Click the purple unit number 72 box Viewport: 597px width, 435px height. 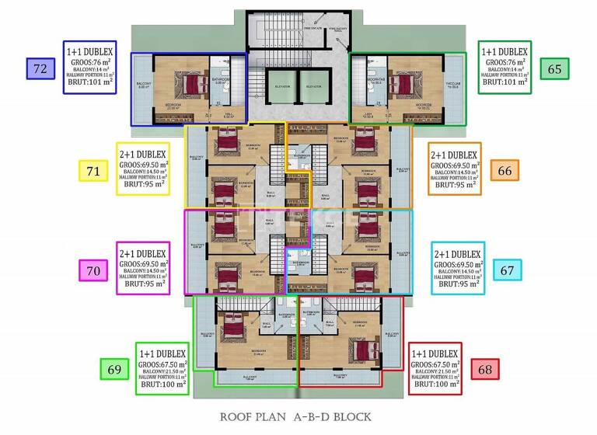click(40, 69)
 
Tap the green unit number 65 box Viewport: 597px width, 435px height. click(554, 69)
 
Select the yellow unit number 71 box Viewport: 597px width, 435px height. click(93, 171)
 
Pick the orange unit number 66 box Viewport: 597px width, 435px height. click(505, 171)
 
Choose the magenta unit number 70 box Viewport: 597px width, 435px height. click(93, 271)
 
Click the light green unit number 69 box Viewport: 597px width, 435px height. click(113, 369)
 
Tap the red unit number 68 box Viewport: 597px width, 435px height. click(485, 369)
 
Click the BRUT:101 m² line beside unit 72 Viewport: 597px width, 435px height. click(89, 80)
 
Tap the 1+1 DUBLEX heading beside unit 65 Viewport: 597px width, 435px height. click(505, 50)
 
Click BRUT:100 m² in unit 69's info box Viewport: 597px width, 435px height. click(162, 384)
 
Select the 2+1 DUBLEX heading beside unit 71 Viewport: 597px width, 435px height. click(143, 155)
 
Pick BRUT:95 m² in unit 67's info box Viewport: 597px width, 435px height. click(458, 284)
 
